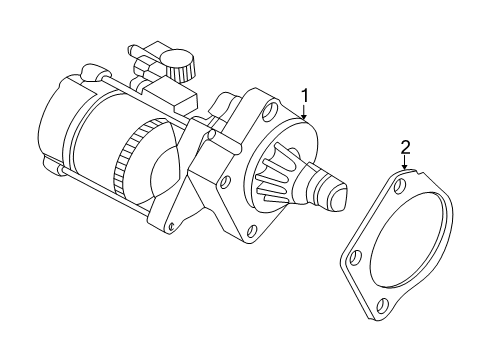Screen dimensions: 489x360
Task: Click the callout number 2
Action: tap(405, 147)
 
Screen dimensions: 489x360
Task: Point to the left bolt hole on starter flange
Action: tap(223, 183)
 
